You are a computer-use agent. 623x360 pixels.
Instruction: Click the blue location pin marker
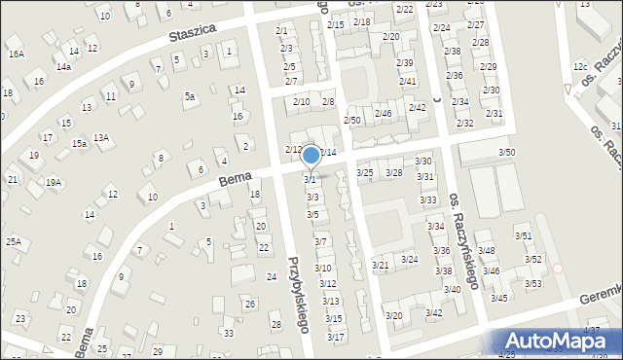coord(311,155)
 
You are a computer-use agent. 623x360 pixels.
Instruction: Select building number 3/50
coord(506,153)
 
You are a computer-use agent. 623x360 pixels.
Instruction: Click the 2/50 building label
coord(352,119)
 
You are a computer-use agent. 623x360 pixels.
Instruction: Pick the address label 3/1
coord(311,179)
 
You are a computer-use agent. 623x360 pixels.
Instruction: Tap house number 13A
coord(101,138)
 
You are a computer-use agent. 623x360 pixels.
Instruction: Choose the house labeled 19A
coord(54,182)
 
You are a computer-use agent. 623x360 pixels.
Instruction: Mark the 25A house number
coord(14,240)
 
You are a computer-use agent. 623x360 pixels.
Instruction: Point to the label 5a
coord(190,96)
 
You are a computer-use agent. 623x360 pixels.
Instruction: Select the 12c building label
coord(580,66)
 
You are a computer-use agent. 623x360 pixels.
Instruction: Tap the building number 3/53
coord(533,283)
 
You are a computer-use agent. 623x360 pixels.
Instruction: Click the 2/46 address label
coord(384,114)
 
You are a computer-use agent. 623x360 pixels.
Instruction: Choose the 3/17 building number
coord(335,337)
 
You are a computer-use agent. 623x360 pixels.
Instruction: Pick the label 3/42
coord(434,312)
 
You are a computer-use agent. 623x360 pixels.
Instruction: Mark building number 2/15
coord(335,24)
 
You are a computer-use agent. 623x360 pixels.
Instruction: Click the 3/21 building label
coord(382,265)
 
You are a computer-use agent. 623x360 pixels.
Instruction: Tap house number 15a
coord(79,143)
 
